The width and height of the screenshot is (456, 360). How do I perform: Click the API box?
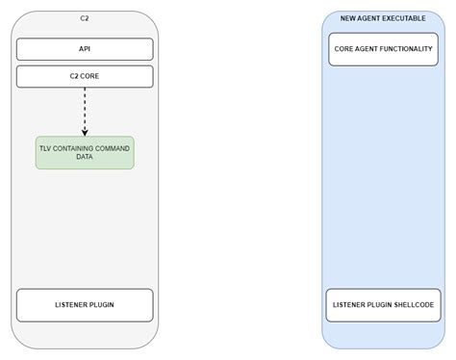85,49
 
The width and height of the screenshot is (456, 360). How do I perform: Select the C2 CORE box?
85,76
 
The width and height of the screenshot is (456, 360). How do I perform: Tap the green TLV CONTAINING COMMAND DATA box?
85,152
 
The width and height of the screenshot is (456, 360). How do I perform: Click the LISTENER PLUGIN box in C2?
85,304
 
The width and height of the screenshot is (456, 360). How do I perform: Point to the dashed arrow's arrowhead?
85,132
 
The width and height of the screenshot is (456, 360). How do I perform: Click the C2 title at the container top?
85,18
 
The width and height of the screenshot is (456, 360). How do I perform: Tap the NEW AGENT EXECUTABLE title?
383,18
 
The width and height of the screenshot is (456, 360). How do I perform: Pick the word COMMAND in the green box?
112,147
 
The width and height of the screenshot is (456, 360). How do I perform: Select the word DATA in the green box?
85,157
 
